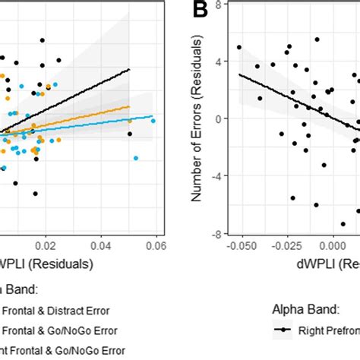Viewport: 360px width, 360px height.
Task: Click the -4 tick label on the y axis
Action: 218,175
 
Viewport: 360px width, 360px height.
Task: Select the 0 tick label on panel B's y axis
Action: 220,118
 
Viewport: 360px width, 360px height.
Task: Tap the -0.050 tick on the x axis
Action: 241,247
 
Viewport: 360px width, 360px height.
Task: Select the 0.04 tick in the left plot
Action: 101,247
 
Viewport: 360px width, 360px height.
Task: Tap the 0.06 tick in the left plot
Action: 156,247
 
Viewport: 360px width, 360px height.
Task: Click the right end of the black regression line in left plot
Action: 130,70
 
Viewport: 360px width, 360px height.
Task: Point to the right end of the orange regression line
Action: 130,106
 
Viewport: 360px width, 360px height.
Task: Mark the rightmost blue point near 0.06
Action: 153,121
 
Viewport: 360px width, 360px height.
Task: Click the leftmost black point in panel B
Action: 239,47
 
